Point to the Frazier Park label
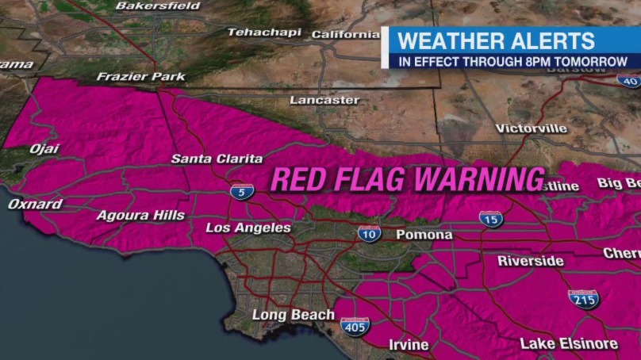point(140,77)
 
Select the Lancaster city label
point(324,101)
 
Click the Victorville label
point(532,128)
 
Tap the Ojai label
point(44,149)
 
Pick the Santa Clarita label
point(217,159)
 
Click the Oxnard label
point(35,204)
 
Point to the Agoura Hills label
point(140,215)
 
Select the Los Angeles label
point(248,228)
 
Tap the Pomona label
point(425,235)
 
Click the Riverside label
point(531,261)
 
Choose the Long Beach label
point(294,315)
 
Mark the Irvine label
point(409,345)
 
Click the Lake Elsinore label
point(569,343)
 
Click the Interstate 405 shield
point(355,325)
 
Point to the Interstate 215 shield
point(583,299)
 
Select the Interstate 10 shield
point(369,233)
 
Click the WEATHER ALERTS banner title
point(496,41)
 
